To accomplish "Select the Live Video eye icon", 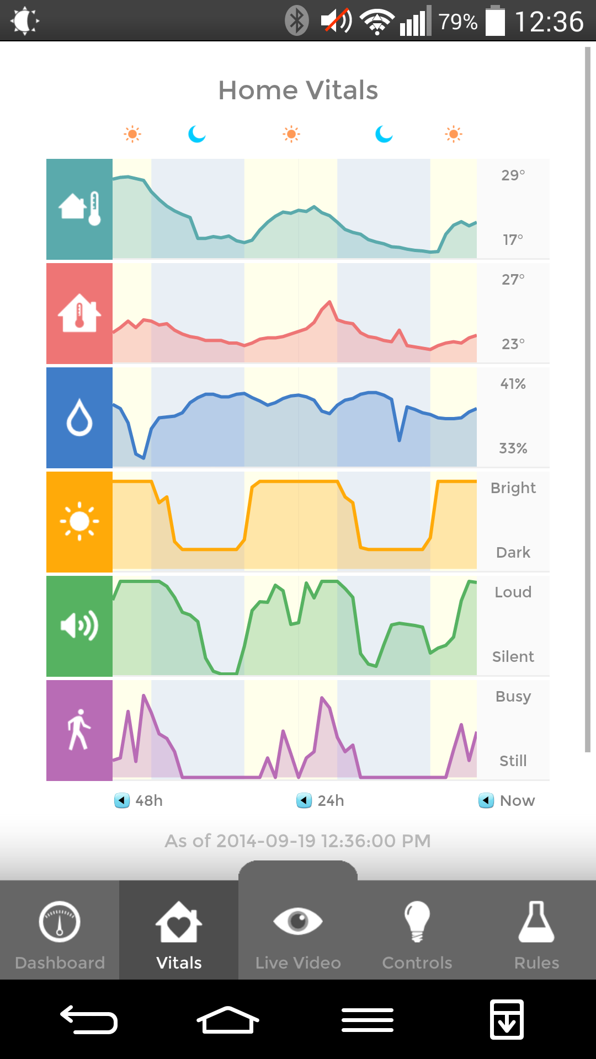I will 298,921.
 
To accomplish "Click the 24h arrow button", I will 304,800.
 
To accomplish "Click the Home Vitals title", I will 298,90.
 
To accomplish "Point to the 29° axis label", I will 513,175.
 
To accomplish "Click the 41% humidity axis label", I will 513,384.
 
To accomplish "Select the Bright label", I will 513,488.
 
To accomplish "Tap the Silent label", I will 513,656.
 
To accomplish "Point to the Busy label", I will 513,697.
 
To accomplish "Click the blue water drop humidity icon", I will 79,418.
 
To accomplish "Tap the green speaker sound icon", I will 79,626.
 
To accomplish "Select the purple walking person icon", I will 79,730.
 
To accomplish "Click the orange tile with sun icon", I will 79,522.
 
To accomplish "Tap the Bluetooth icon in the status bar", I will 297,21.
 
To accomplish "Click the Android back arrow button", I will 89,1019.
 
